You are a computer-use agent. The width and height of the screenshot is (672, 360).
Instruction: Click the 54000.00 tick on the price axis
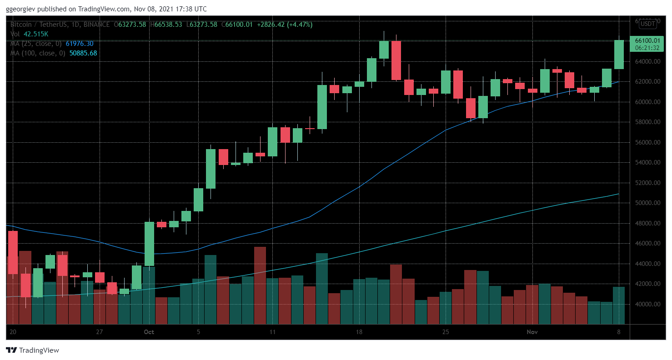point(647,163)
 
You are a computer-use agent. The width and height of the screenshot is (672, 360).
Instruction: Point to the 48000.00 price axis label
point(647,223)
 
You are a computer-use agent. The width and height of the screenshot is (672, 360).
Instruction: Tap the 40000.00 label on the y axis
point(647,304)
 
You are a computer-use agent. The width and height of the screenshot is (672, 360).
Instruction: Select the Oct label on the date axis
point(149,332)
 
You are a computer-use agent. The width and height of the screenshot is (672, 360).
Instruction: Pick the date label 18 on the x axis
point(359,332)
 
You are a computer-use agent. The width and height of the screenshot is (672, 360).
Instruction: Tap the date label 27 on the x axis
point(100,332)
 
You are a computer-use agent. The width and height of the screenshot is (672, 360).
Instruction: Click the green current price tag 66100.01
point(647,40)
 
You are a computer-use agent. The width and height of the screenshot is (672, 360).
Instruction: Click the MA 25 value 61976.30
point(80,44)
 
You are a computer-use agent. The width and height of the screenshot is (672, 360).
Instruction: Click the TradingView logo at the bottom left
point(32,350)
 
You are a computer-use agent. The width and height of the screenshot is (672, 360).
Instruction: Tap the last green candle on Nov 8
point(619,55)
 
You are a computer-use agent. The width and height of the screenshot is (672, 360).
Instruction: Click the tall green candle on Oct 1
point(149,244)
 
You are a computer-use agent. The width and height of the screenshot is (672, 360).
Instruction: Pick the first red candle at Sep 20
point(13,252)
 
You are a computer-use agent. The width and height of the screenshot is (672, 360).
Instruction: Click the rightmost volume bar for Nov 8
point(619,305)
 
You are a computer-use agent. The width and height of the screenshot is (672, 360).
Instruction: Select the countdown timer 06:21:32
point(647,47)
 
